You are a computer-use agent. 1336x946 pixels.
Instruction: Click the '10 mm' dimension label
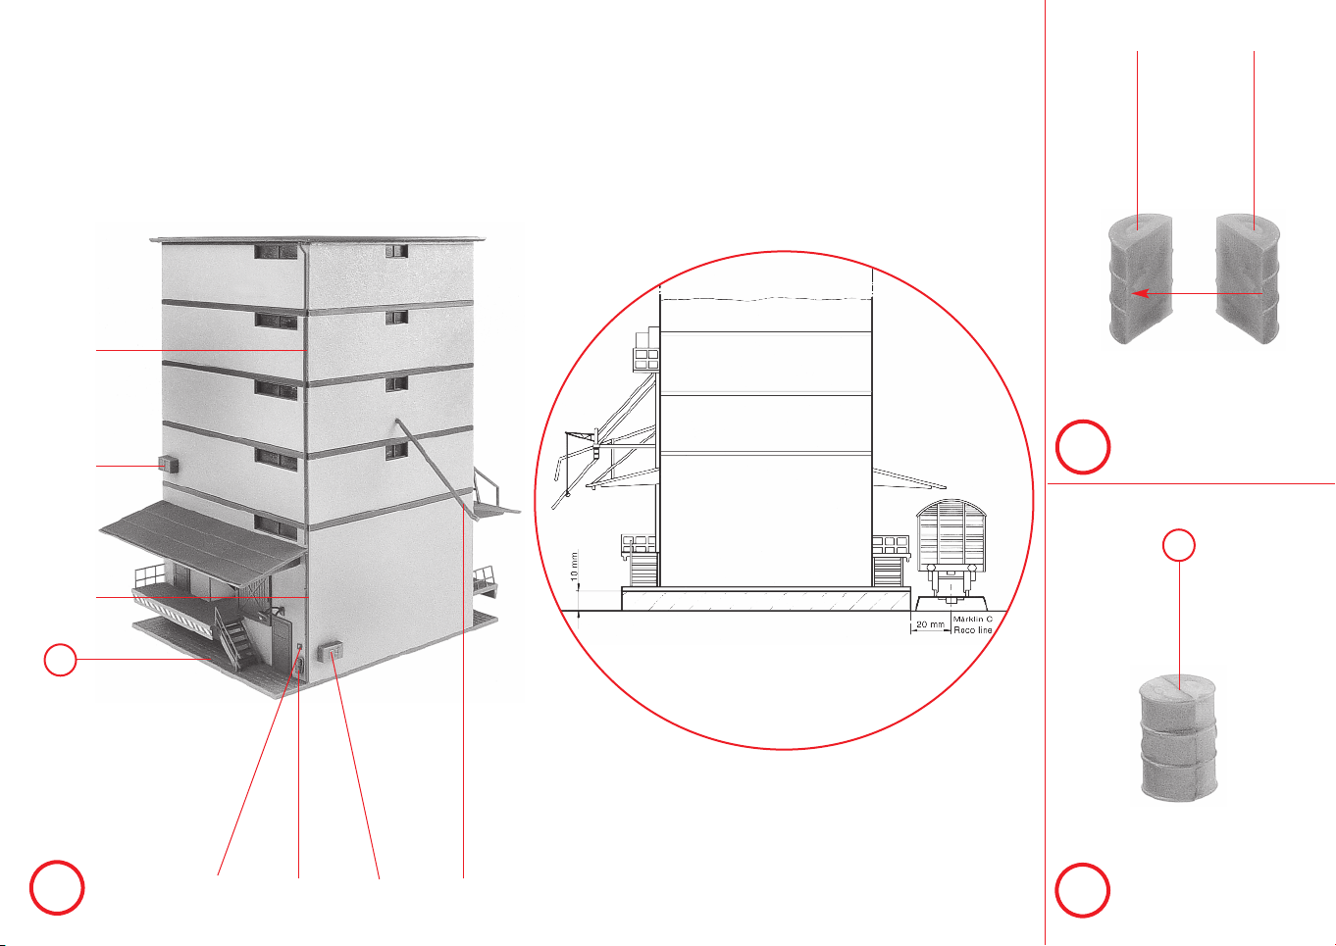574,567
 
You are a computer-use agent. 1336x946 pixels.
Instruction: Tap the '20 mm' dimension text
931,624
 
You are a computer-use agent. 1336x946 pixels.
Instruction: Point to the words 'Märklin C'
973,620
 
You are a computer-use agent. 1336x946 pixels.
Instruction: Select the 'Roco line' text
973,629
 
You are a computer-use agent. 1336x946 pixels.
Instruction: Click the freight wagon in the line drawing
951,551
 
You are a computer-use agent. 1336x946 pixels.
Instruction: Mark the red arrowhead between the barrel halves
1139,293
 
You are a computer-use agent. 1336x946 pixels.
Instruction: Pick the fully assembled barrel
1178,739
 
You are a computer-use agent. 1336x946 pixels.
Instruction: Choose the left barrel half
1141,279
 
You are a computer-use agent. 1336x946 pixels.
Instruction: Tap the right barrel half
1249,279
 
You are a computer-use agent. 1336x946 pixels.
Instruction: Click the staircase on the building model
235,636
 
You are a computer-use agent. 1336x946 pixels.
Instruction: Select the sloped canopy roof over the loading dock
203,541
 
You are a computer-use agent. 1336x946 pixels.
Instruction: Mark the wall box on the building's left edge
168,464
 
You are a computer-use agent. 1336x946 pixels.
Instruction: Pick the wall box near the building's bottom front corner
331,650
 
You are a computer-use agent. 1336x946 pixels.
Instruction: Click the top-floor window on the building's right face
396,251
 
